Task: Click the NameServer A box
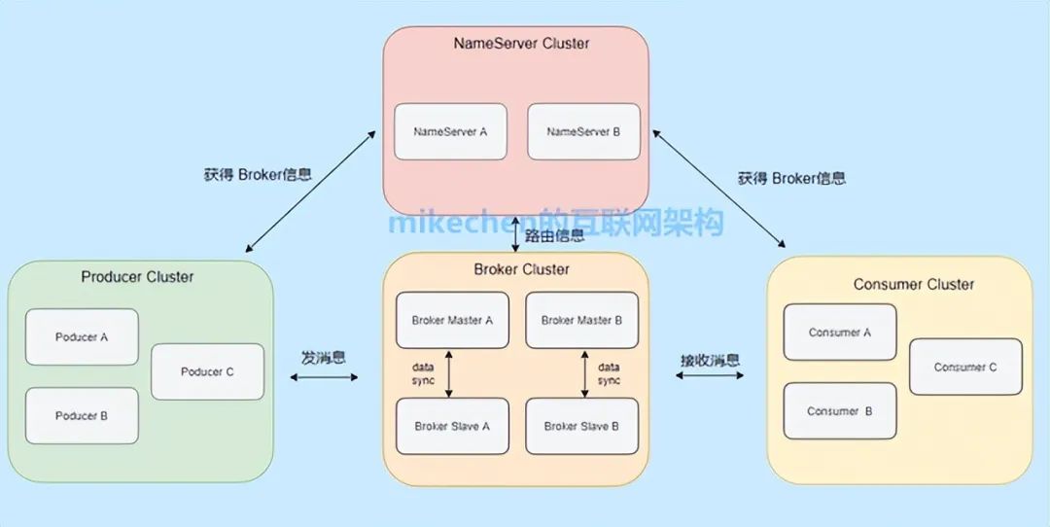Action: click(450, 131)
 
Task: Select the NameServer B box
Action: click(583, 131)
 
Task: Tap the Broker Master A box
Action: click(452, 320)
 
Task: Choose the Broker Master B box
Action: click(581, 320)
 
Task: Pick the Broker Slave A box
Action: click(452, 426)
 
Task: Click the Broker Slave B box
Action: click(581, 426)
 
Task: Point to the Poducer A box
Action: click(82, 337)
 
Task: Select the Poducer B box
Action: click(82, 415)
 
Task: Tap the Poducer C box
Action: click(207, 371)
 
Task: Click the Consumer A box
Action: click(839, 333)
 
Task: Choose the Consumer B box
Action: click(839, 411)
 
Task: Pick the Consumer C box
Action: click(965, 367)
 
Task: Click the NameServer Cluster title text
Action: click(521, 43)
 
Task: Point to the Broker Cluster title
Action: click(522, 268)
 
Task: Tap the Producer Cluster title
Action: click(137, 277)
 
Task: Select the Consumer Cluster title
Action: click(913, 284)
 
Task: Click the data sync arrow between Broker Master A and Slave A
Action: click(448, 374)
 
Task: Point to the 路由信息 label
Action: click(555, 235)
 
